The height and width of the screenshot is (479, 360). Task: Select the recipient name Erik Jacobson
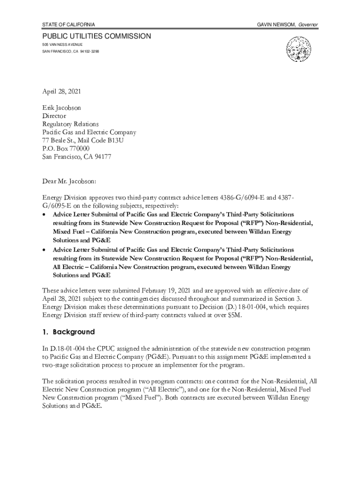61,108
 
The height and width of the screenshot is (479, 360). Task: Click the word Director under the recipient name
54,116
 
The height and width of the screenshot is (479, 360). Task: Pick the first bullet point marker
44,215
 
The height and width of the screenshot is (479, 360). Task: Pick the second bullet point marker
44,250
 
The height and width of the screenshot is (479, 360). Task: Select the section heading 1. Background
68,332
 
